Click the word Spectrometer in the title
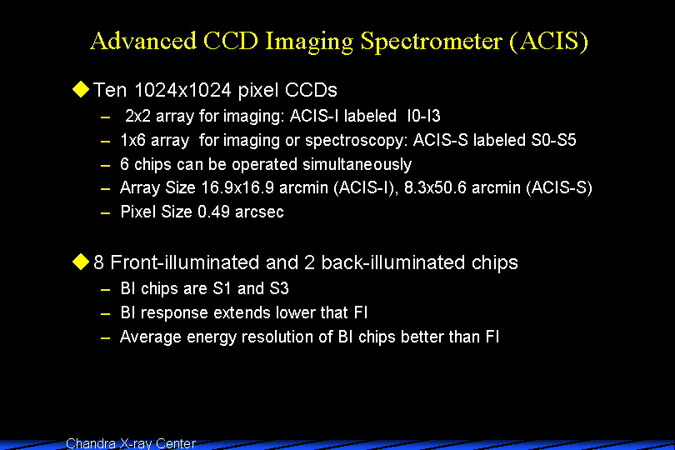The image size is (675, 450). [432, 42]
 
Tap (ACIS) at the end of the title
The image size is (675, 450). [549, 42]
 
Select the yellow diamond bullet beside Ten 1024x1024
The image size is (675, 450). [81, 89]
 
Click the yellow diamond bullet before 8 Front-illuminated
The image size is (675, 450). [81, 262]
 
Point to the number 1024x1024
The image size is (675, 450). [183, 90]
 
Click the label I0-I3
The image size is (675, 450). [423, 116]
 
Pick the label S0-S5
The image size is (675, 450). [553, 140]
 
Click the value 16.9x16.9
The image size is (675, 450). [237, 187]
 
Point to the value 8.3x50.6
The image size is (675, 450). [435, 187]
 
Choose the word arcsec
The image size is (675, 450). [259, 212]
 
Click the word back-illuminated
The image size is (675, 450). [393, 262]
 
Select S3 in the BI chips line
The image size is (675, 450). [279, 288]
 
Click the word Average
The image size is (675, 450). [150, 337]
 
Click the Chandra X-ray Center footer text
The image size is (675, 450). [131, 443]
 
